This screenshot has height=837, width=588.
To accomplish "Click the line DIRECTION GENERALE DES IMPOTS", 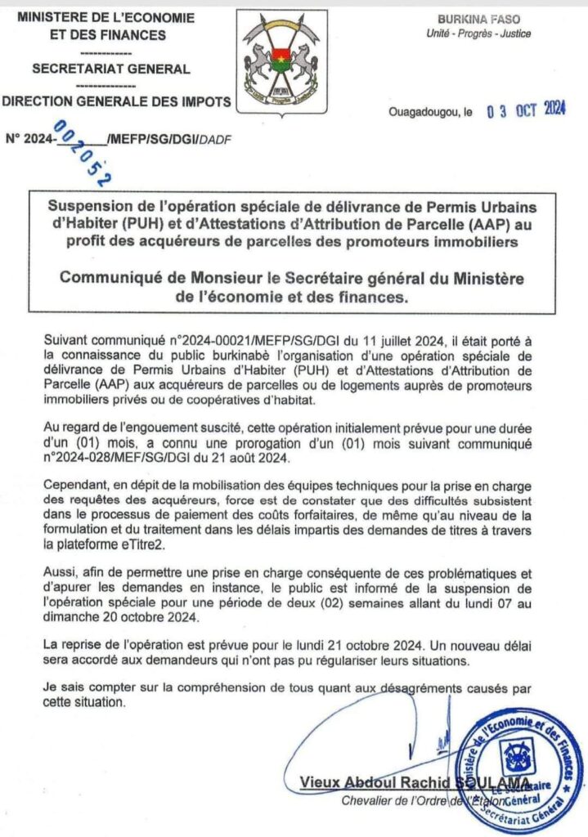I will click(x=115, y=102).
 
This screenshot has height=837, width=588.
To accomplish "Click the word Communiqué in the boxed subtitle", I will click(x=113, y=279).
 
